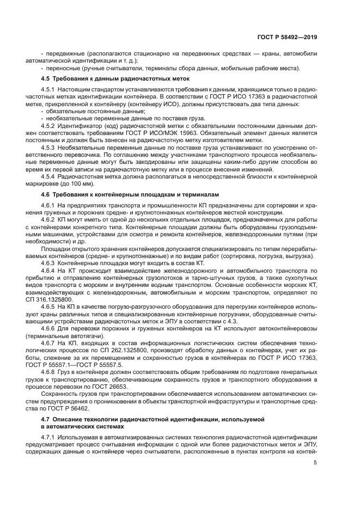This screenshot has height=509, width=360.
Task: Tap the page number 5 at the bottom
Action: pos(315,463)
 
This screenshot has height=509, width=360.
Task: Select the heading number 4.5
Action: pos(46,79)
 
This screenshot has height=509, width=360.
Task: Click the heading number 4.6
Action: pos(46,194)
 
